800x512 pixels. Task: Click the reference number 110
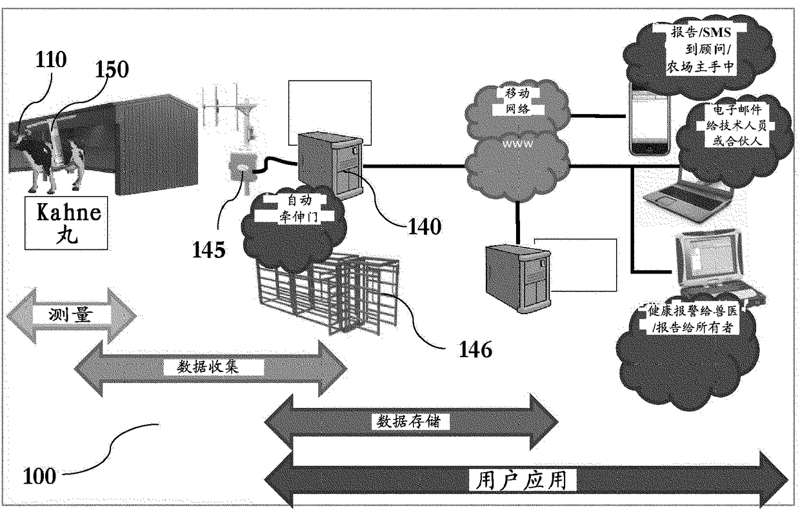(x=51, y=59)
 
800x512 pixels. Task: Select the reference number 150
(x=112, y=69)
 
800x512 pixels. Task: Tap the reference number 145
(x=209, y=249)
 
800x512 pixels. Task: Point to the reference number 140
(x=425, y=226)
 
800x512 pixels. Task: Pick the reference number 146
(x=475, y=350)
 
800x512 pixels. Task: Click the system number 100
(x=39, y=476)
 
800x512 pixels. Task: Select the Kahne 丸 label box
(x=66, y=223)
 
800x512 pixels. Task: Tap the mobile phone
(x=649, y=119)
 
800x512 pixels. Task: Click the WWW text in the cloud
(x=517, y=144)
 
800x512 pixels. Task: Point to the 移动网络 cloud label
(x=517, y=101)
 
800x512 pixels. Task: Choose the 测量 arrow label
(x=71, y=315)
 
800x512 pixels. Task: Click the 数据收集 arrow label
(x=208, y=367)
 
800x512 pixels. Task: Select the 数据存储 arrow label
(x=408, y=421)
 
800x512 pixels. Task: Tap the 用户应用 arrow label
(x=522, y=480)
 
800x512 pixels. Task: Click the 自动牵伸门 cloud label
(x=299, y=209)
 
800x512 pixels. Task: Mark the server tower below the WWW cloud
(x=518, y=278)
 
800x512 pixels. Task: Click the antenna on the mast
(x=227, y=105)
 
